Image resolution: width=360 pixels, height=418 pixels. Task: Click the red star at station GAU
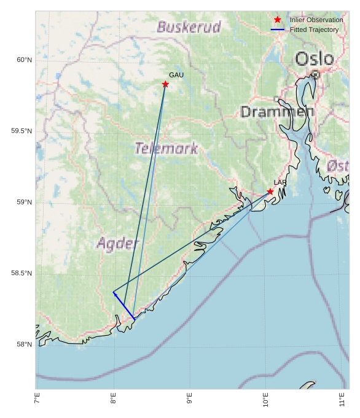pos(165,84)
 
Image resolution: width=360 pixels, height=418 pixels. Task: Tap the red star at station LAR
pos(270,192)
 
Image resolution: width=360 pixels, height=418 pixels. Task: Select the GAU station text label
pos(176,75)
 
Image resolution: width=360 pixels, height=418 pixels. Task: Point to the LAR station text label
pos(280,183)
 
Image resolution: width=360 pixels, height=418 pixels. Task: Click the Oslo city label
pos(315,60)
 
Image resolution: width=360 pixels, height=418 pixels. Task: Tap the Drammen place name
pos(276,112)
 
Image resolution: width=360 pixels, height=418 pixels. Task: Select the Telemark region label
pos(166,149)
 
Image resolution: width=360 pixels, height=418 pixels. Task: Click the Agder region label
pos(118,244)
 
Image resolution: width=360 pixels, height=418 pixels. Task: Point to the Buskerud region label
pos(189,27)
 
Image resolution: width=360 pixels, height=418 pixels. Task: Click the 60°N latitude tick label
pos(24,60)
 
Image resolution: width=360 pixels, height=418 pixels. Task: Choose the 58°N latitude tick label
pos(24,344)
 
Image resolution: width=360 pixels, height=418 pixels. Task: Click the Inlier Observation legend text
pos(316,20)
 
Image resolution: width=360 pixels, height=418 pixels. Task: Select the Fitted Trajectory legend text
pos(314,29)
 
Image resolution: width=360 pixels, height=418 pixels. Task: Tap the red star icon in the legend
pos(278,20)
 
